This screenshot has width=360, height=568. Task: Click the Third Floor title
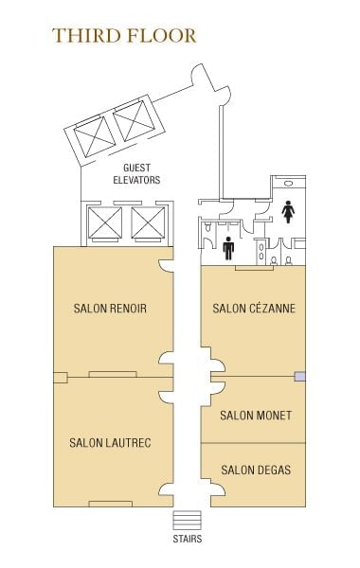click(124, 36)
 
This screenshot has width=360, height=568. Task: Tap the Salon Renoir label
click(110, 309)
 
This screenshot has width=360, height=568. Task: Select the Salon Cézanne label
click(254, 308)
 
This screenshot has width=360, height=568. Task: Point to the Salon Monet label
click(256, 416)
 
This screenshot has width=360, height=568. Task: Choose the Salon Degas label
click(256, 470)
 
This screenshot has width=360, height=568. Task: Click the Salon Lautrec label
click(110, 443)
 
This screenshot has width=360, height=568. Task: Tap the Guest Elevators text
click(136, 174)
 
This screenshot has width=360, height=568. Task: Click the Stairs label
click(187, 539)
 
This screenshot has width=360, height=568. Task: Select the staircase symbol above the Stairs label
click(187, 521)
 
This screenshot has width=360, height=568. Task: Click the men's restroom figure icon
click(228, 248)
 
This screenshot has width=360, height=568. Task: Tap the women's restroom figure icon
click(288, 211)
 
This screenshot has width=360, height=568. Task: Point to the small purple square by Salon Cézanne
click(299, 377)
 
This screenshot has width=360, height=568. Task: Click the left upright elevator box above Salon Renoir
click(105, 222)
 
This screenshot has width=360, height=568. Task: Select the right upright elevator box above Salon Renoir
click(148, 222)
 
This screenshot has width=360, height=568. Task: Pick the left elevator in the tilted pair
click(95, 137)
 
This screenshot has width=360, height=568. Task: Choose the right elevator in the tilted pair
click(135, 120)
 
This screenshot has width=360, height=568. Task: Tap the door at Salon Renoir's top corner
click(166, 265)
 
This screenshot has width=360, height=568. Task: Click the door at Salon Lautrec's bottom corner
click(166, 489)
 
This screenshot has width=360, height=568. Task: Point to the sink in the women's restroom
click(288, 184)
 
